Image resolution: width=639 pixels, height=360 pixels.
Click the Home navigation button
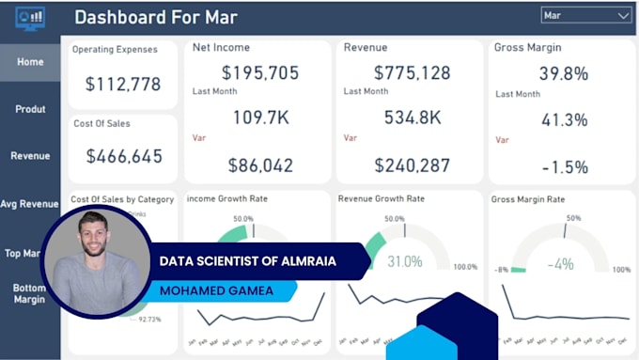click(30, 62)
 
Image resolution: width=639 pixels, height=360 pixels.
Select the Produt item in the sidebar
click(30, 109)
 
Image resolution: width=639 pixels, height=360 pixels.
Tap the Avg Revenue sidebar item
click(30, 204)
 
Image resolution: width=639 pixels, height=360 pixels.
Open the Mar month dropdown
click(586, 16)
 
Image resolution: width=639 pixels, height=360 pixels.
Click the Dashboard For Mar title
click(156, 17)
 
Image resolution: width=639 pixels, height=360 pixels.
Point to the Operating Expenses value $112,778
click(123, 85)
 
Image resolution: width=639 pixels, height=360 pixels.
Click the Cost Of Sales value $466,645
click(123, 156)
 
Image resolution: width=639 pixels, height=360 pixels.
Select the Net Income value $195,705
click(259, 72)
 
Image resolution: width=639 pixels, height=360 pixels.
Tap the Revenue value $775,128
click(412, 72)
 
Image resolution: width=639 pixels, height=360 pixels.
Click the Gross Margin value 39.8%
click(564, 73)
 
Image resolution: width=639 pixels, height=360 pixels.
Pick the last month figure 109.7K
click(259, 117)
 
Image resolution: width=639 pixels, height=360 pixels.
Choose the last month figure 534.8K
click(412, 117)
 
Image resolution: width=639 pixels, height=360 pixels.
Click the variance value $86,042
click(259, 165)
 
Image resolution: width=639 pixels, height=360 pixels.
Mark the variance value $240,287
click(412, 165)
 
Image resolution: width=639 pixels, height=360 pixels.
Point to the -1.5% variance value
click(564, 166)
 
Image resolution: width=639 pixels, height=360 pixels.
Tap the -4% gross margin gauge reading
click(563, 264)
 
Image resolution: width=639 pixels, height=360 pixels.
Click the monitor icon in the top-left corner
click(30, 18)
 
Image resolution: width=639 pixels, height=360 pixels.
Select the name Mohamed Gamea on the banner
click(216, 290)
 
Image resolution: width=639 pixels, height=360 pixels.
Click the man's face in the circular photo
click(97, 239)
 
